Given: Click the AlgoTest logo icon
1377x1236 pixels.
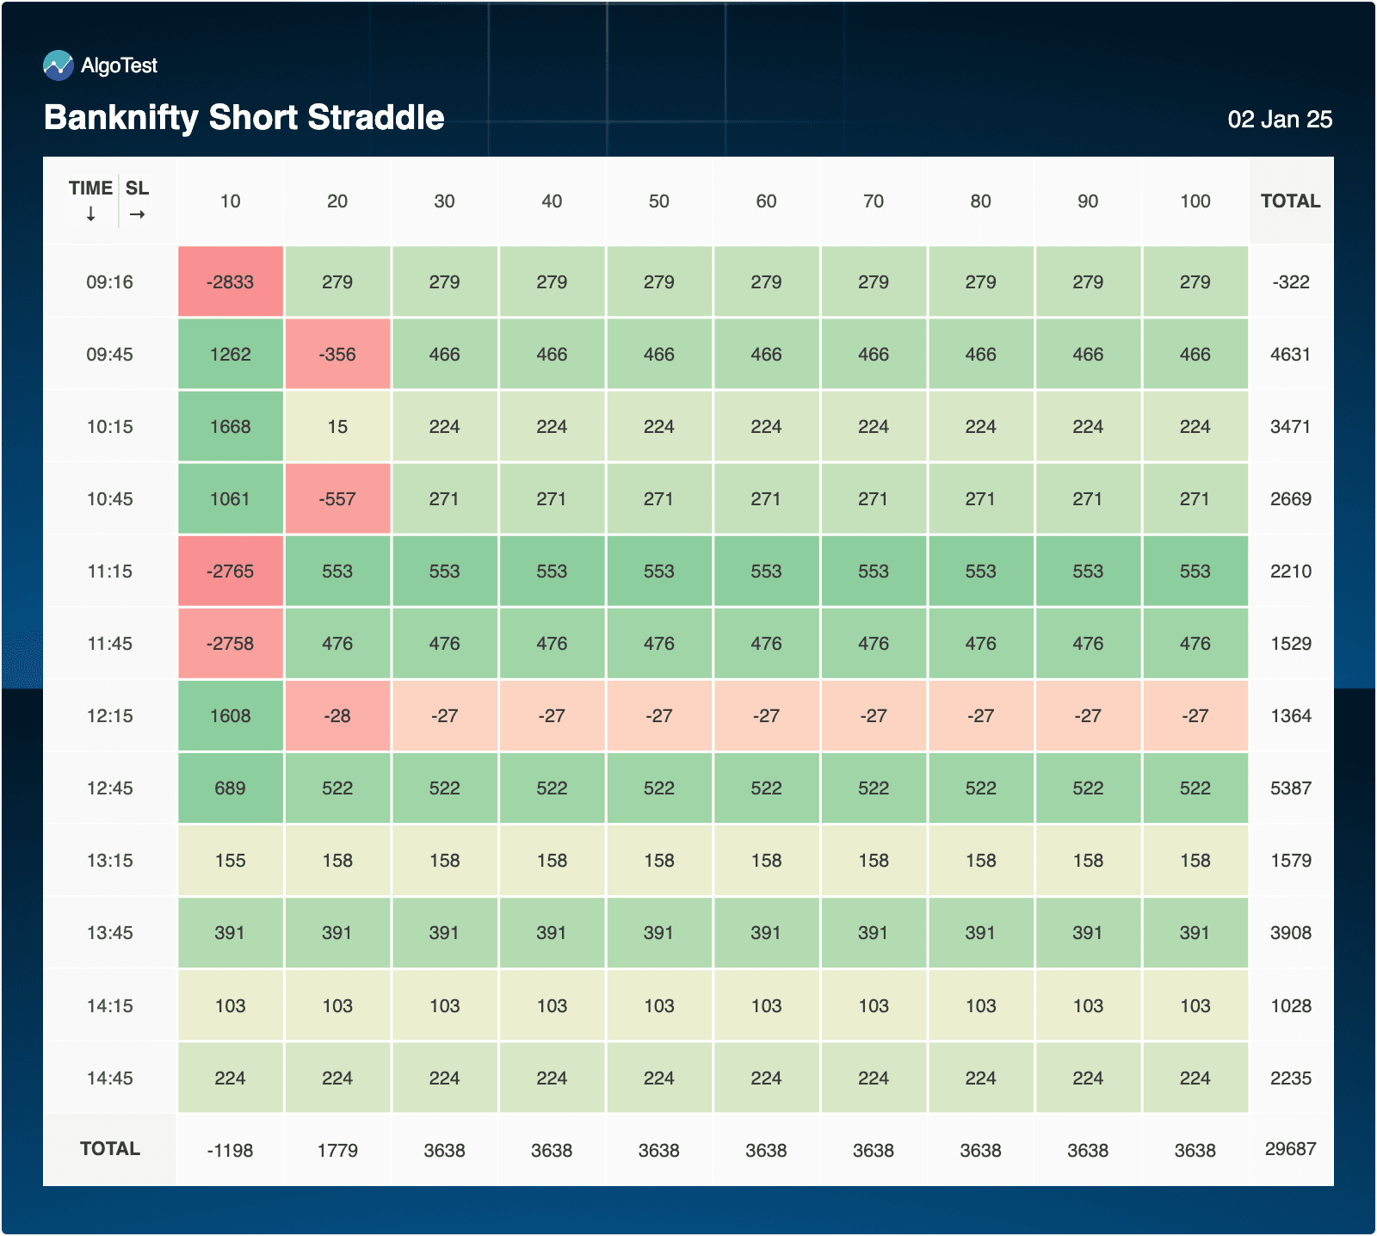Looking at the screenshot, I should tap(59, 65).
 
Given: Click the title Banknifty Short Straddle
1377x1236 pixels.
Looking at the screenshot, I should tap(244, 118).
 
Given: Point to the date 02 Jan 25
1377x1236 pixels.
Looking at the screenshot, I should tap(1279, 120).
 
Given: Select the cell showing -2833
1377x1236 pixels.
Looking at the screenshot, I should tap(231, 282).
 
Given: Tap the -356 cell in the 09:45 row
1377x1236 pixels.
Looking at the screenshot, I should tap(337, 355).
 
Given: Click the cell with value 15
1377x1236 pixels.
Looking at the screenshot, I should tap(337, 427).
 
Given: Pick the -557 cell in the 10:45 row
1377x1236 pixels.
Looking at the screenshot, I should tap(337, 499).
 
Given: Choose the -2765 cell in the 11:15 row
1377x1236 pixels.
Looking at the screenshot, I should tap(231, 572).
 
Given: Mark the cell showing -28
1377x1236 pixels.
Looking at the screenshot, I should tap(337, 716).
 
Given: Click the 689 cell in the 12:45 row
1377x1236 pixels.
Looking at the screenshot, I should tap(231, 788).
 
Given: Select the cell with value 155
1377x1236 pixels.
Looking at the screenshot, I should tap(231, 861).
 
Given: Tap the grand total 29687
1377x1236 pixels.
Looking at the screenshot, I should tap(1290, 1149).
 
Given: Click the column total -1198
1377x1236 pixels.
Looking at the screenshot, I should tap(231, 1151).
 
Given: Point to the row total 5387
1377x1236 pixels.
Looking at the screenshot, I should tap(1290, 788).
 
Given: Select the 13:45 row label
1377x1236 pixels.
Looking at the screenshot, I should tap(109, 933).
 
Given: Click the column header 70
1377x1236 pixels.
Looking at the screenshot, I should tap(874, 201).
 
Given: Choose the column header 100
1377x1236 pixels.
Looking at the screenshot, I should tap(1195, 201).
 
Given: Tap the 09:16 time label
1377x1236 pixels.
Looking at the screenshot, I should tap(109, 282).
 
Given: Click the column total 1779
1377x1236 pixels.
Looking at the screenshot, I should tap(337, 1151).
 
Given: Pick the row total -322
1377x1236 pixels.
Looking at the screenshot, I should tap(1290, 282).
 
